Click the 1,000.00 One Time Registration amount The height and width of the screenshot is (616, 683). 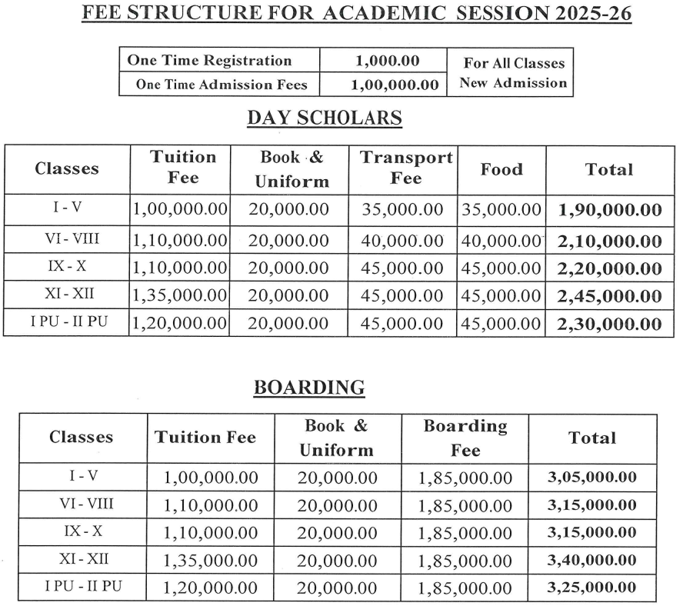[x=383, y=61]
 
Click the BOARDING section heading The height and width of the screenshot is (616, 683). [x=309, y=388]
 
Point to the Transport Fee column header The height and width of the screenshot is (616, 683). [x=406, y=168]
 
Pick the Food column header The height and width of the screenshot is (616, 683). [x=501, y=169]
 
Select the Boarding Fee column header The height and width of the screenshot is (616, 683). [x=465, y=438]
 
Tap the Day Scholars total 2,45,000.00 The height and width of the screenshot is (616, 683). [x=610, y=295]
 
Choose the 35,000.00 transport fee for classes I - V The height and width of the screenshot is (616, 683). [x=402, y=209]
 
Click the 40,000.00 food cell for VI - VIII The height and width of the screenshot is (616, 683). [x=501, y=241]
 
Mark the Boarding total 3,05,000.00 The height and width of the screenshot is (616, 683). [x=592, y=478]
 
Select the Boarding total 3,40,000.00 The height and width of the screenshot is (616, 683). [x=592, y=560]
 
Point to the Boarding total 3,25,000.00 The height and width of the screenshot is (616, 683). [x=592, y=588]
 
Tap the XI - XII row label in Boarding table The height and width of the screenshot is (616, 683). [x=81, y=559]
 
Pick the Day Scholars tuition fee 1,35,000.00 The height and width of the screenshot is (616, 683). [x=180, y=295]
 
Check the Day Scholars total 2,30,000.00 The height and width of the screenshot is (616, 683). [x=610, y=324]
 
